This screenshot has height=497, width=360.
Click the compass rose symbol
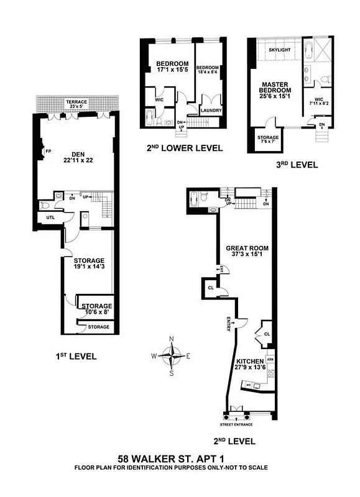click(x=171, y=356)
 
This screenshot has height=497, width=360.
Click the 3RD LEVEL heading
click(x=297, y=165)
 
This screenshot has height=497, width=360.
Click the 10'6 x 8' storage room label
click(x=96, y=309)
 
